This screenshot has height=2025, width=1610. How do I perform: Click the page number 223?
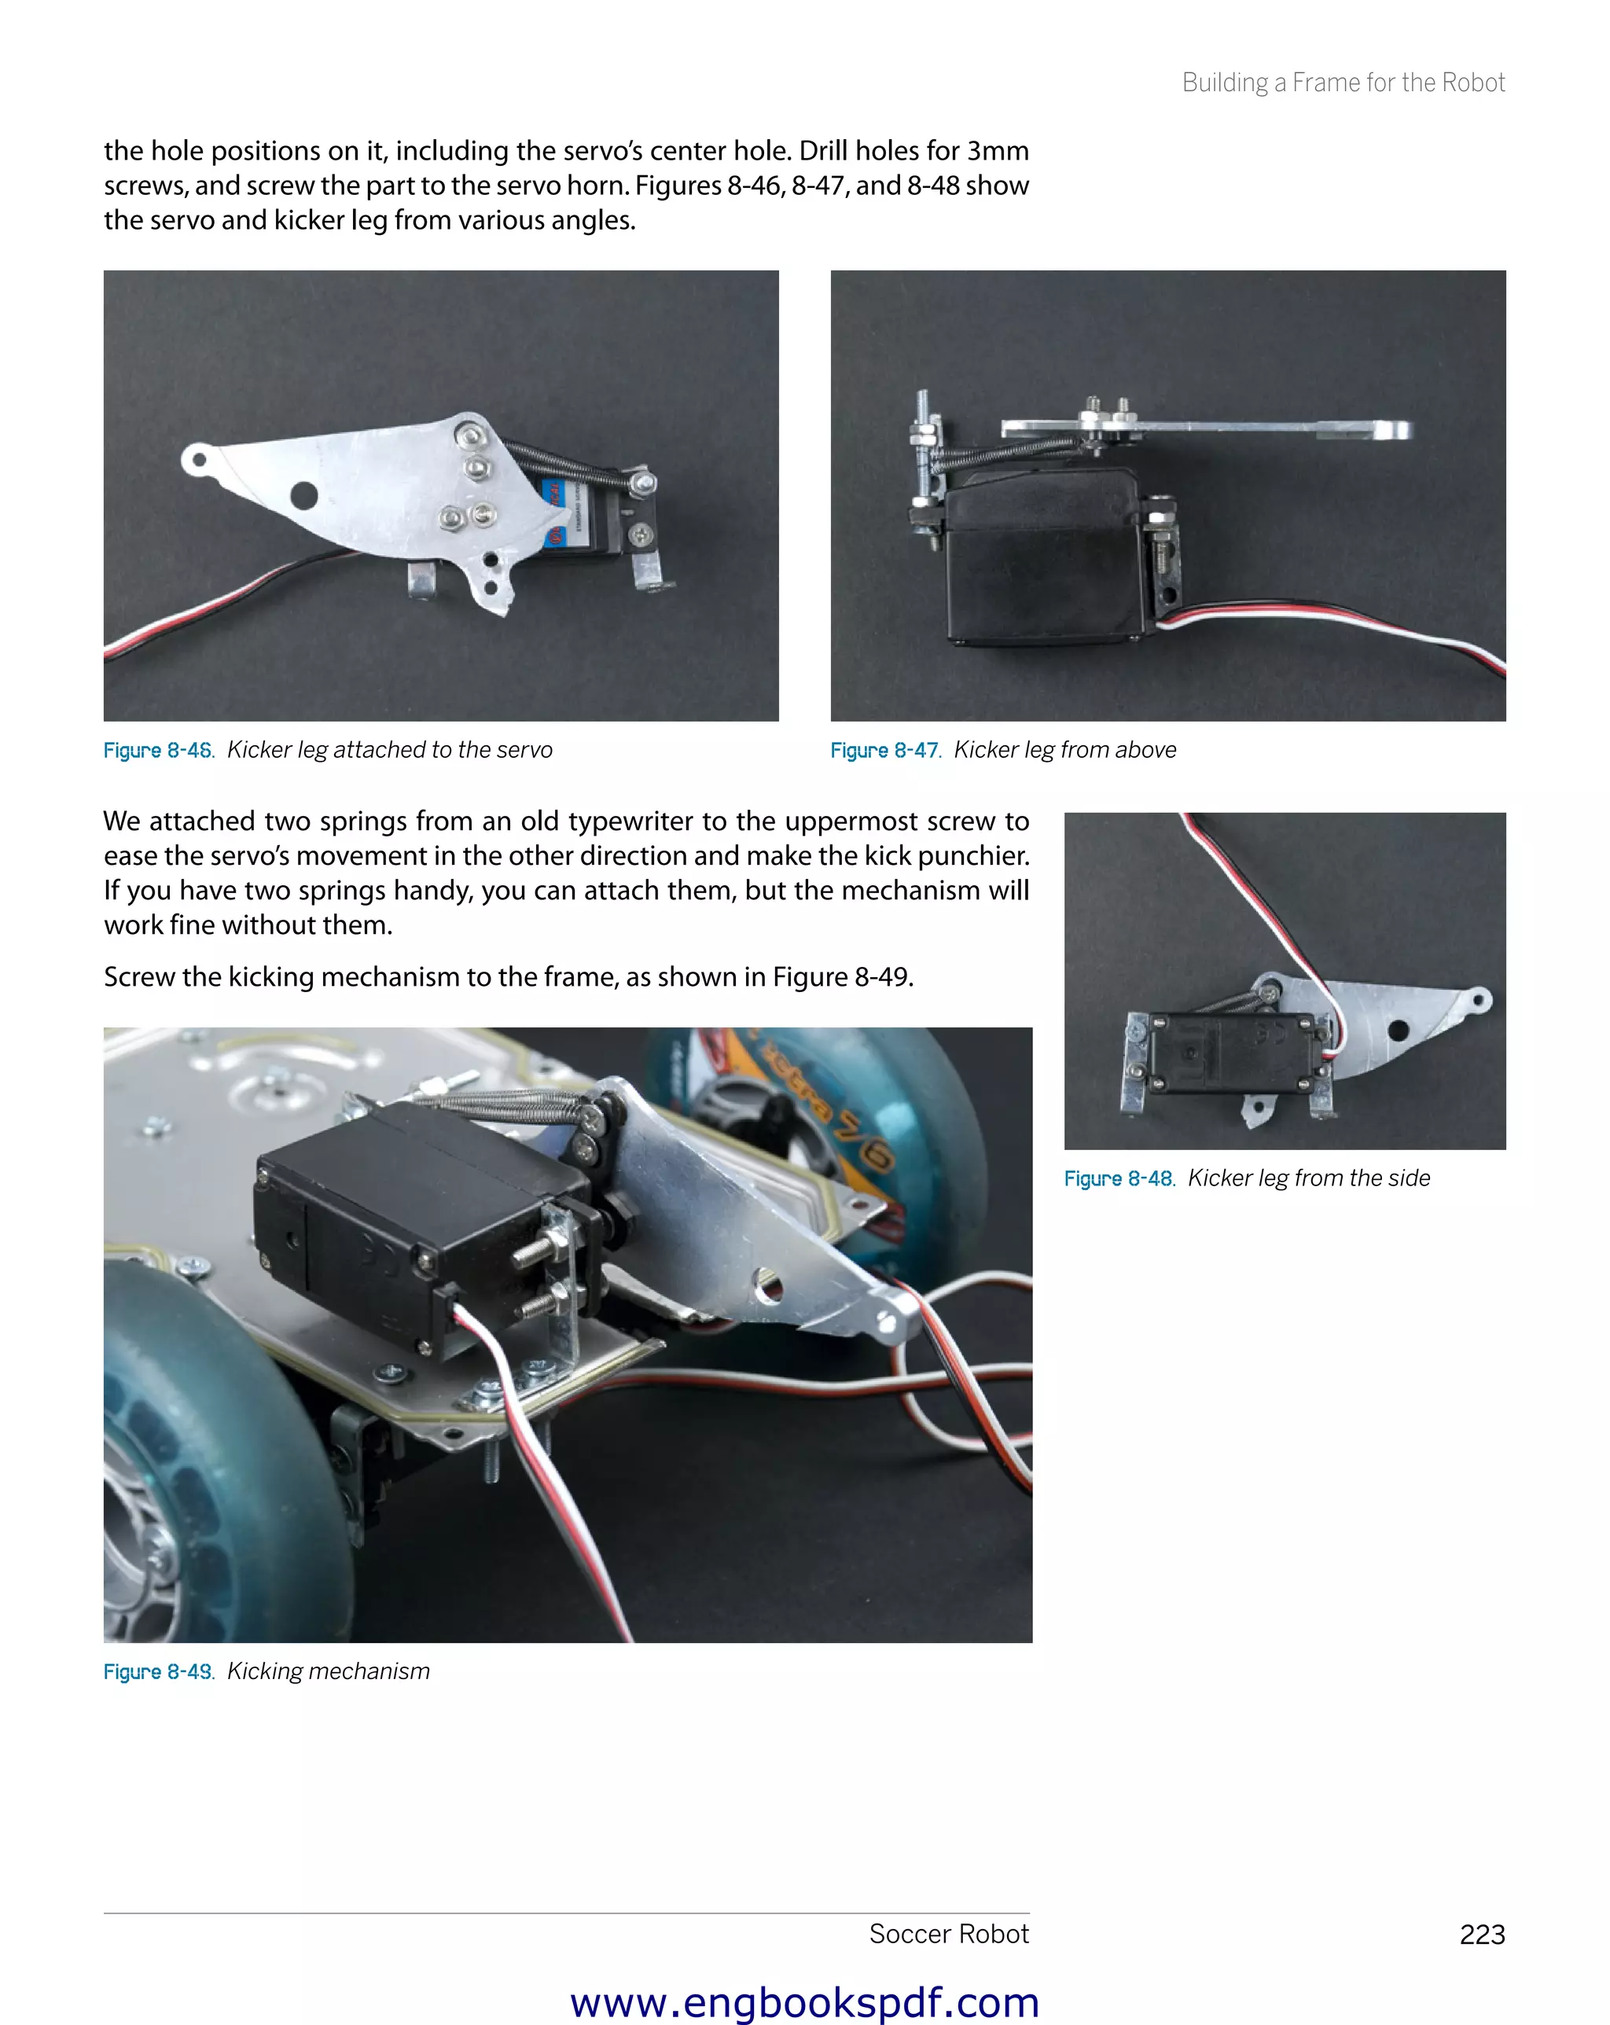(x=1481, y=1935)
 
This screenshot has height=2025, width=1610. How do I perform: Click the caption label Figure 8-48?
(x=1119, y=1178)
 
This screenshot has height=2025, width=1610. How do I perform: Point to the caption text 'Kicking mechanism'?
(x=329, y=1672)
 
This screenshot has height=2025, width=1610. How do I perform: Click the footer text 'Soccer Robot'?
(x=949, y=1934)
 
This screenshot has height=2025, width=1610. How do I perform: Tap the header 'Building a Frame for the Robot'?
(x=1344, y=83)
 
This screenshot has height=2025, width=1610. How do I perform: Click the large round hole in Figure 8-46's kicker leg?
(x=303, y=494)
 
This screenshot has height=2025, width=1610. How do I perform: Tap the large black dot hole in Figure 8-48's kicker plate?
(x=1398, y=1031)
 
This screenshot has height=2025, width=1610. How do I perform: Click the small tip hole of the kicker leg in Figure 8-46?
(x=199, y=460)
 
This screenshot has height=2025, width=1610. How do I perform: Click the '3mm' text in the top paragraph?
(x=998, y=151)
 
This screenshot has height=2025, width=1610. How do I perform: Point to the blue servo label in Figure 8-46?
(x=553, y=512)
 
